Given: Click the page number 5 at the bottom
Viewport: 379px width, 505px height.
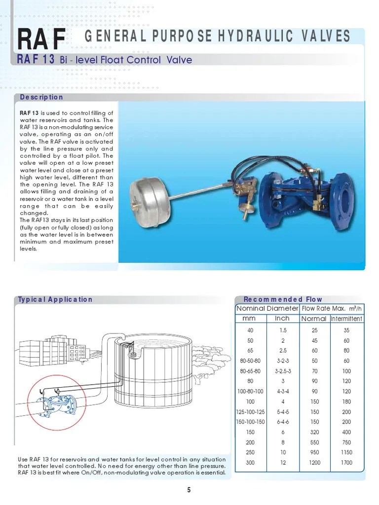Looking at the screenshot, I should point(189,490).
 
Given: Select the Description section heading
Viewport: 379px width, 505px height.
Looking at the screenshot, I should point(41,97).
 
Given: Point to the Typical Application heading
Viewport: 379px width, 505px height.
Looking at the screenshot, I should point(55,299).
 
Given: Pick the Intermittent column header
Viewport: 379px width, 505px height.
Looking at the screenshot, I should point(346,319).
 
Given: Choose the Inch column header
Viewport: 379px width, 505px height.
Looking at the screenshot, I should point(282,319).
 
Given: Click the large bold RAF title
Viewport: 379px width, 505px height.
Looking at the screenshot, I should point(40,39).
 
